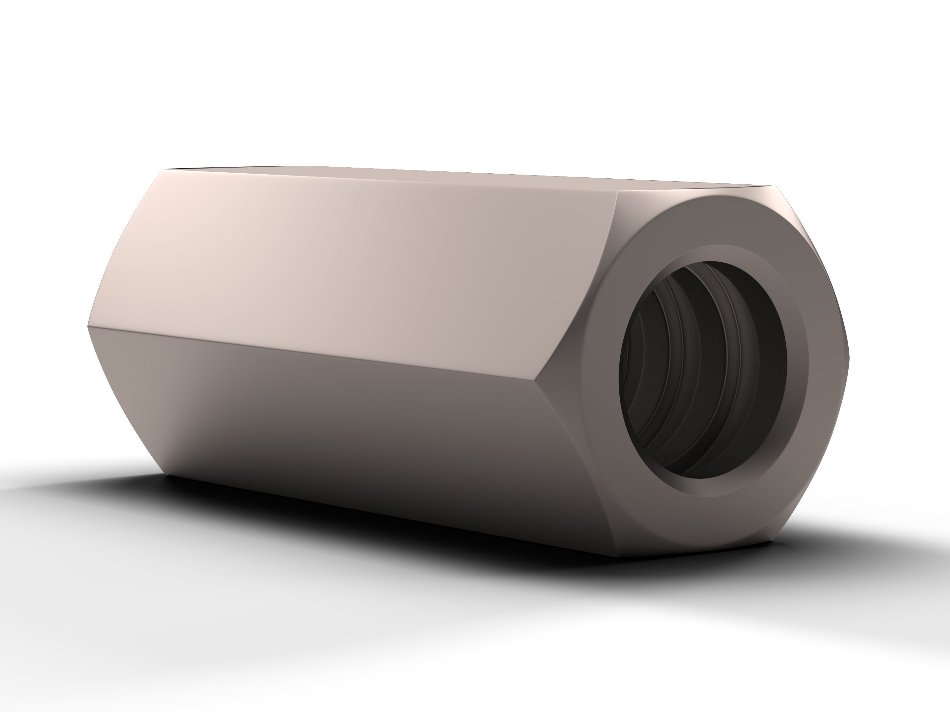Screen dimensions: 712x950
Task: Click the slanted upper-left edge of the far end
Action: pyautogui.click(x=124, y=249)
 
